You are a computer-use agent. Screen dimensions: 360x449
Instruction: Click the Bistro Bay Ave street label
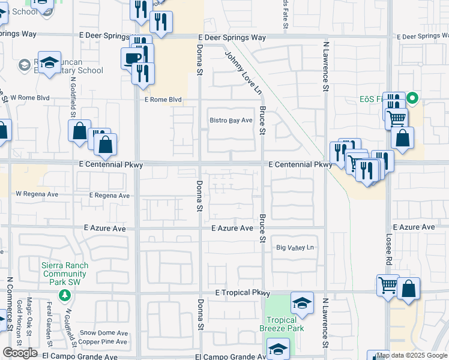[231, 121]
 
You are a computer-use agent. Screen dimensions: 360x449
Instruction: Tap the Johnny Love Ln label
[244, 73]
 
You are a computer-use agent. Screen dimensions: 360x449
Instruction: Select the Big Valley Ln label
[295, 248]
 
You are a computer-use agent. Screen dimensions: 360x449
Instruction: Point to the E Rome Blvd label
[163, 100]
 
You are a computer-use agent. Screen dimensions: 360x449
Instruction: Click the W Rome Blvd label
[29, 98]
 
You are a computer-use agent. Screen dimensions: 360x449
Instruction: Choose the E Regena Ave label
[109, 196]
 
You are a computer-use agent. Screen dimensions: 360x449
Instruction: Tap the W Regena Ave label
[37, 194]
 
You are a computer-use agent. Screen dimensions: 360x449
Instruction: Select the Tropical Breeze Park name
[282, 324]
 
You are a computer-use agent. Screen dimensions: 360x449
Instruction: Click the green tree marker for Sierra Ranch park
[64, 295]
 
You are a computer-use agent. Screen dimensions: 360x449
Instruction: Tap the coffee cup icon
[133, 58]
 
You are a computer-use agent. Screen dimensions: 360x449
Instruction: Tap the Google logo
[20, 353]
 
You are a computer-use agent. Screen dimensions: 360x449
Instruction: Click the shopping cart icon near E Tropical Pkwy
[387, 286]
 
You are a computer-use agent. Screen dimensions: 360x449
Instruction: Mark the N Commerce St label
[10, 304]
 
